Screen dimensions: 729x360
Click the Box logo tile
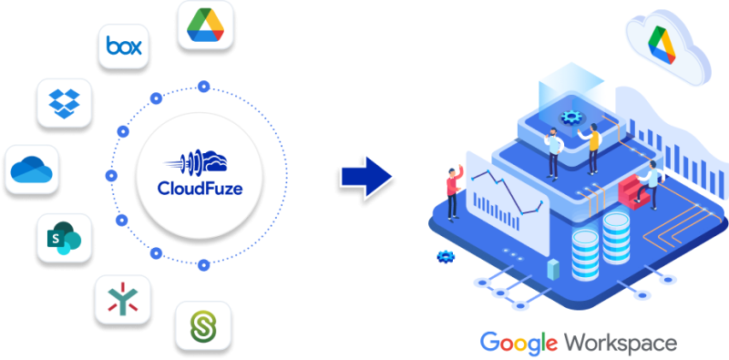124,46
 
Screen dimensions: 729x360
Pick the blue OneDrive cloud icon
32,169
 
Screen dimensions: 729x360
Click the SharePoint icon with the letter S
64,239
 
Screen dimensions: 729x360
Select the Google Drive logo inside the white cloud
662,42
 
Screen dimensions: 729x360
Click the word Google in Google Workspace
519,344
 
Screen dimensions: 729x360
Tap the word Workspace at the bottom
621,344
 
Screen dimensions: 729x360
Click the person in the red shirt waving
453,191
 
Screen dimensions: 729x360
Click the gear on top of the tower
572,117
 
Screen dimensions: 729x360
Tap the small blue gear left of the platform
446,257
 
